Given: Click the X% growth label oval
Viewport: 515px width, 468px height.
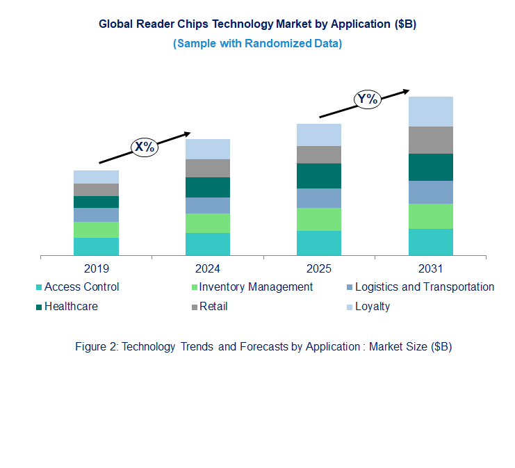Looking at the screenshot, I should point(145,147).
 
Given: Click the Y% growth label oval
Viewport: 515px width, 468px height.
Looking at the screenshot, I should point(367,99).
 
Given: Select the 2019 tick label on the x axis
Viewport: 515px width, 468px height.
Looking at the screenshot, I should point(96,268).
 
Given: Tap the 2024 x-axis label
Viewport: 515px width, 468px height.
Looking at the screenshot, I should point(207,268).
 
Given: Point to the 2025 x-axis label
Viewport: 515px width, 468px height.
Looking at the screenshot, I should point(318,268).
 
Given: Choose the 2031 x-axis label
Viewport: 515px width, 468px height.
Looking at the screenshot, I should point(430,268).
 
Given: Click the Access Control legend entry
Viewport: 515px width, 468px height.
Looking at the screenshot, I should point(81,287).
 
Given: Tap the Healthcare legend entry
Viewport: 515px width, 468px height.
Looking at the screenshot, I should point(70,306).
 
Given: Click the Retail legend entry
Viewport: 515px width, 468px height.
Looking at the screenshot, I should point(213,306).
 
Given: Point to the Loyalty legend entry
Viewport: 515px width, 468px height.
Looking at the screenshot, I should point(372,306).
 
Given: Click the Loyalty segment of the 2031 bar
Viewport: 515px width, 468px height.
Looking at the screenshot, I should point(430,111).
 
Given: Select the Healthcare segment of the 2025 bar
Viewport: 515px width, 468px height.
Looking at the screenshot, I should point(318,176).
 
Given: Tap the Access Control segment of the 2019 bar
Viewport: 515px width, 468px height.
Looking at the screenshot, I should point(96,247).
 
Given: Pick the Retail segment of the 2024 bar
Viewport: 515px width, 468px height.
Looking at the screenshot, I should point(207,168).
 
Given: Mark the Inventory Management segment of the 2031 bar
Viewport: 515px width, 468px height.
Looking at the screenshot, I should point(430,216).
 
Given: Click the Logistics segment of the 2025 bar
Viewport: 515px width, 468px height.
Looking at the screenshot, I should point(318,198).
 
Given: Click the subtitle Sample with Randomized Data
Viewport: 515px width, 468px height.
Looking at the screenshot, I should point(257,43).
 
